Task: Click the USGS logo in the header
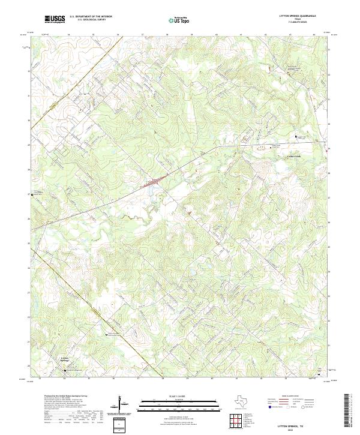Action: click(x=55, y=19)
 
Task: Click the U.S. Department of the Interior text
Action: click(x=91, y=17)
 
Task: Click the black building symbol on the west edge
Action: click(x=32, y=194)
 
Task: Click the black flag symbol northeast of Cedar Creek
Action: click(x=295, y=137)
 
